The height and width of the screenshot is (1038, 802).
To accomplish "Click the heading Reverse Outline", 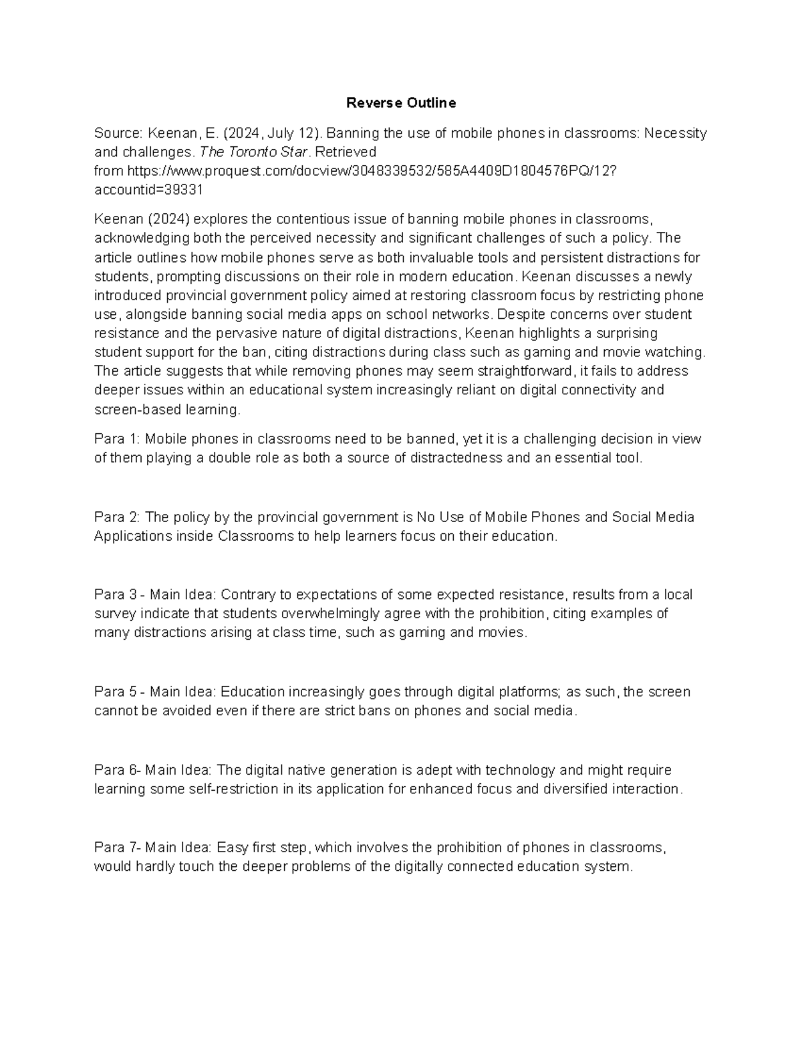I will point(401,103).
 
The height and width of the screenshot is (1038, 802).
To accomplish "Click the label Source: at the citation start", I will point(118,133).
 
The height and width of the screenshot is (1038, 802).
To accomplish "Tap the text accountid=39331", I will point(148,190).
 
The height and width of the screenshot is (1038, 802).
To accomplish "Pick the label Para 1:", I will point(117,439).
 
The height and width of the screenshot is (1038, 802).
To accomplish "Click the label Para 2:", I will point(117,517).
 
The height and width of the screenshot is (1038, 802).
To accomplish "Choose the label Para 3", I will point(115,595).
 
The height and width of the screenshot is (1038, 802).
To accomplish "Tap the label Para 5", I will point(115,692).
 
